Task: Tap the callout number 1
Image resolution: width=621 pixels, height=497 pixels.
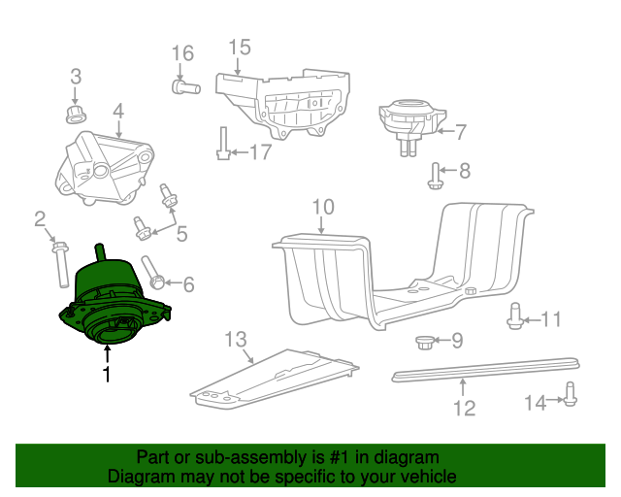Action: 107,374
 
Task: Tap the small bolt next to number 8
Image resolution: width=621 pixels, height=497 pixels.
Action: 436,176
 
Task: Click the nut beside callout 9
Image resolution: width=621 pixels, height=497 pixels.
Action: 424,342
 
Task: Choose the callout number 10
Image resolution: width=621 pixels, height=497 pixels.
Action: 322,207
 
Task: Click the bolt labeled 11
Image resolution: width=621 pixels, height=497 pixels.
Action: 515,316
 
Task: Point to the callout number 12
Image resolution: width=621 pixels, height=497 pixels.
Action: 465,408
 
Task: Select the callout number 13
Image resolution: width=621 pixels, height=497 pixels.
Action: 237,340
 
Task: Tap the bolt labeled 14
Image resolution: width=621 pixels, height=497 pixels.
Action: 570,395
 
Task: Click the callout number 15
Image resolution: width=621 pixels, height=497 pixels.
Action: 240,47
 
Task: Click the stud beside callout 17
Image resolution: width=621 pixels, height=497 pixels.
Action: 222,146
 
